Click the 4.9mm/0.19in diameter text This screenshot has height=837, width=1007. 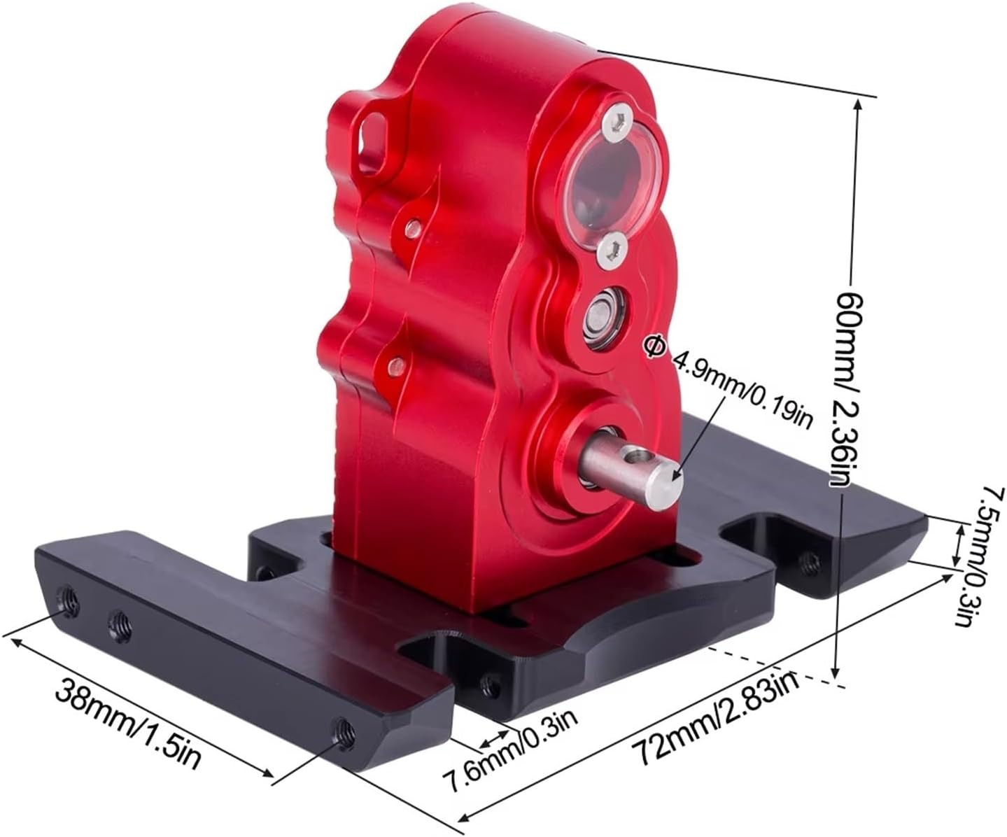[x=742, y=389]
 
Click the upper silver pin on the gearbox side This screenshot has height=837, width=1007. [x=414, y=226]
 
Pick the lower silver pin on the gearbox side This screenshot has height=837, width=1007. [x=397, y=363]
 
